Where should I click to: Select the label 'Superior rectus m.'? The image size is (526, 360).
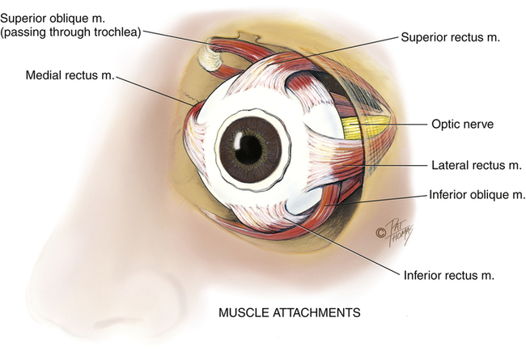[x=446, y=37]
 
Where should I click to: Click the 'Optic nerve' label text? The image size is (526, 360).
[x=457, y=125]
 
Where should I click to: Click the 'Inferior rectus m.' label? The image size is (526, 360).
[x=448, y=274]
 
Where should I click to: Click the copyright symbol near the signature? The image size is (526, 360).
[x=380, y=233]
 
